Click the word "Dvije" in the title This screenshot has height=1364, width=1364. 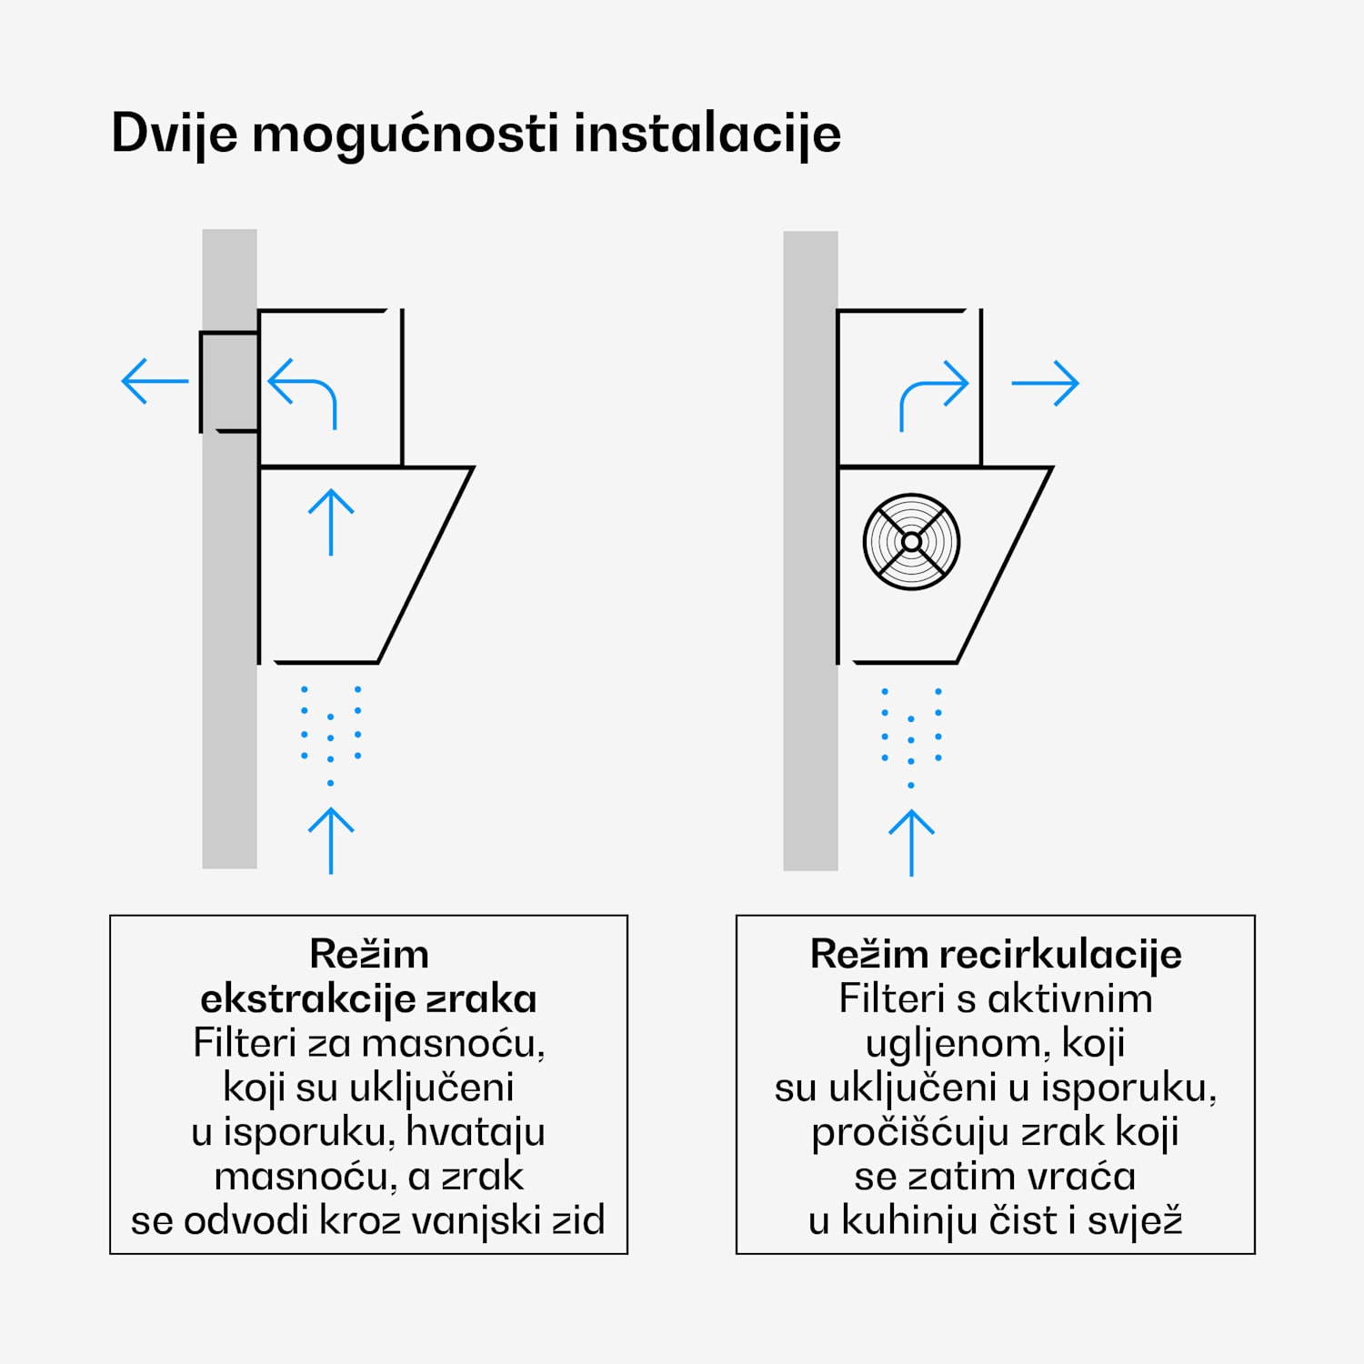coord(175,135)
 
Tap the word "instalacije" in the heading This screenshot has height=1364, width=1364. coord(707,135)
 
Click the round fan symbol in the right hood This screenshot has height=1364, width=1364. coord(911,542)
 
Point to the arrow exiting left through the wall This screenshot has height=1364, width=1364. coord(155,381)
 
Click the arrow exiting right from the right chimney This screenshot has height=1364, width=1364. coord(1045,383)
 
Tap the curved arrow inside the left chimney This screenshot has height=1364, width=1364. coord(303,392)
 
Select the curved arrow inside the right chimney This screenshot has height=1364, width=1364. coord(933,394)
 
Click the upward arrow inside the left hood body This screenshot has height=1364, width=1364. coord(331,522)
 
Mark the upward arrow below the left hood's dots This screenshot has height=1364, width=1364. coord(331,840)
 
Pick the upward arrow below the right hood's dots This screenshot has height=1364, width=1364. coord(911,842)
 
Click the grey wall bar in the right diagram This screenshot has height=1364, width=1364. coord(810,637)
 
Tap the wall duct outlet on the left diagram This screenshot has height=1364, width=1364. coord(228,382)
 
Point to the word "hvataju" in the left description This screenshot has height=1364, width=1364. coord(476,1132)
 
